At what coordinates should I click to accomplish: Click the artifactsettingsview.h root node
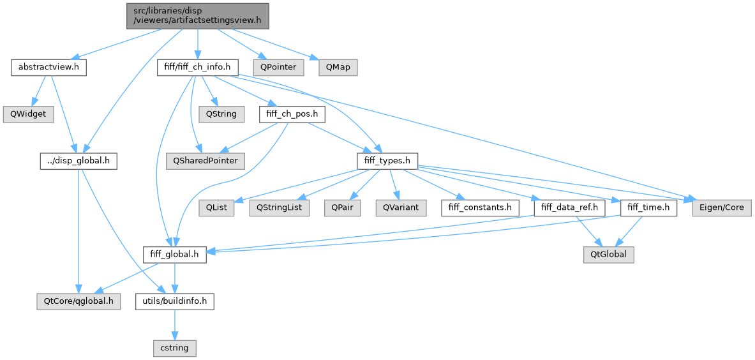pos(197,15)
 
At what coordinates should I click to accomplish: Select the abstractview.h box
pos(49,67)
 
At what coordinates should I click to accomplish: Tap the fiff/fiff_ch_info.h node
pos(198,67)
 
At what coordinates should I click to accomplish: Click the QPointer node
pos(276,67)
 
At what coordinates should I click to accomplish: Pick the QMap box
pos(338,67)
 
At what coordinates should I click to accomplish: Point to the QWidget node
pos(27,114)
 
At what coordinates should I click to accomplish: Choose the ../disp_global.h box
pos(78,161)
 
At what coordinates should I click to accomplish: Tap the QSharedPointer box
pos(206,161)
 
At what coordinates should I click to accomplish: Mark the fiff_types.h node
pos(387,161)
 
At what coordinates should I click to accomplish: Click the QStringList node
pos(280,208)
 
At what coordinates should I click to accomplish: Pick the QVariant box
pos(396,208)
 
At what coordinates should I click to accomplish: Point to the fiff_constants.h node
pos(479,208)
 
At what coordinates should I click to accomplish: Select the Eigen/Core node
pos(722,208)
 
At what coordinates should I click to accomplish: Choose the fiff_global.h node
pos(175,255)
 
